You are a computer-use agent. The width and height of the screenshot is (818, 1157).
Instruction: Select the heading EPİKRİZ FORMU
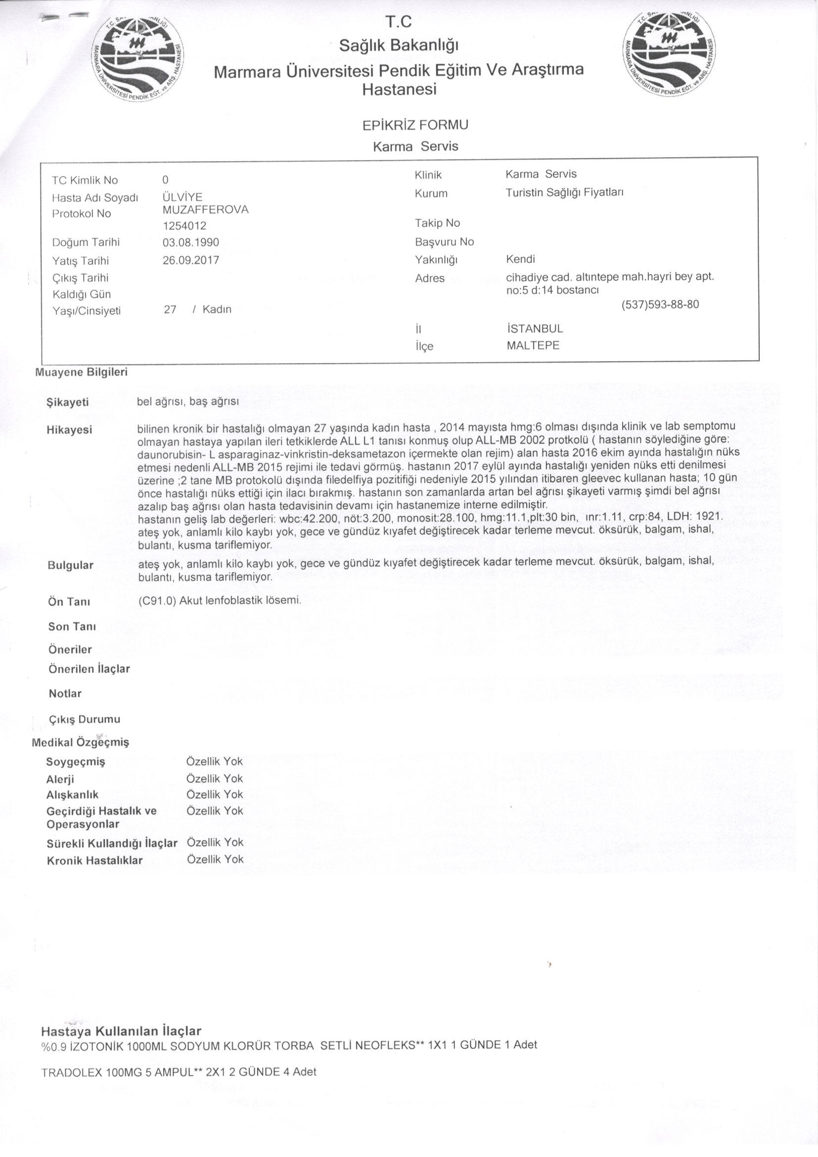click(x=415, y=125)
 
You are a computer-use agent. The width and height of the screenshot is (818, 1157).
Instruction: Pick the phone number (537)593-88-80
click(x=660, y=304)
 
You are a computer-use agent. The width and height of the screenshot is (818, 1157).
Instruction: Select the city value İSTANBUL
click(x=535, y=329)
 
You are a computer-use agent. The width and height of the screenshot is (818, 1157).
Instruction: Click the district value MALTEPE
click(x=533, y=346)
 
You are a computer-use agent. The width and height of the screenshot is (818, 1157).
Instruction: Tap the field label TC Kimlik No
click(x=85, y=181)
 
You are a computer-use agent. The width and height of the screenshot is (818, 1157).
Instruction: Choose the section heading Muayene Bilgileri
click(x=81, y=373)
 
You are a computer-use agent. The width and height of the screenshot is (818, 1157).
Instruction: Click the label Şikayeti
click(x=67, y=403)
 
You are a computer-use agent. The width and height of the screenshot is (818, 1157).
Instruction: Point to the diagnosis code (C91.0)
click(x=156, y=601)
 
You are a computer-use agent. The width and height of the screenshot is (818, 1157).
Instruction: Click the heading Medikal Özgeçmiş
click(x=81, y=742)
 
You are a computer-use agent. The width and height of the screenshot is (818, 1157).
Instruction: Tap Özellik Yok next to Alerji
click(x=215, y=778)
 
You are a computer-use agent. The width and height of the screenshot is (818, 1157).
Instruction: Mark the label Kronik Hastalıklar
click(x=94, y=861)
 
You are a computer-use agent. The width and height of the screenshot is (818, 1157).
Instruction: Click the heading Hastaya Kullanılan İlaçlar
click(x=121, y=1031)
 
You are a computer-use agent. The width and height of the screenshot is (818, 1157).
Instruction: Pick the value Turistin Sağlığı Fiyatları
click(x=565, y=193)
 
